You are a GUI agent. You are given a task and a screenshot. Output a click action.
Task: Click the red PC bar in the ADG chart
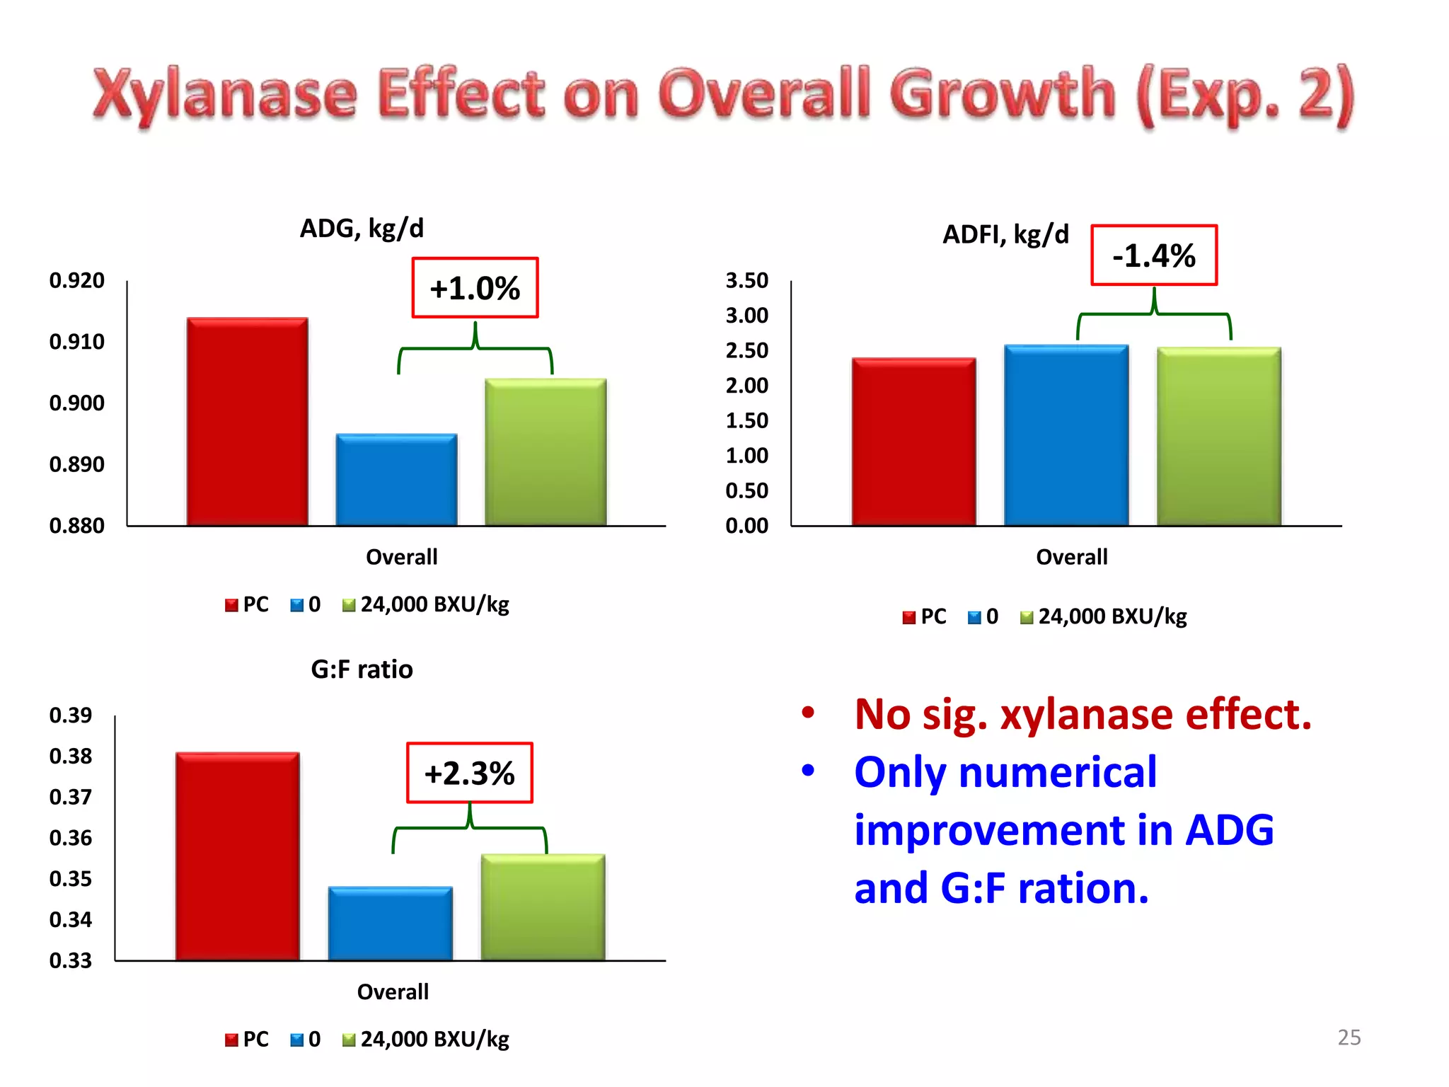coord(247,422)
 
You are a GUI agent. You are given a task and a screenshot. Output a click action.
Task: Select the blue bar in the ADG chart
coord(396,480)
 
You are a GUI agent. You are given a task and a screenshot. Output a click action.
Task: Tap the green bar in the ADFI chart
coord(1218,437)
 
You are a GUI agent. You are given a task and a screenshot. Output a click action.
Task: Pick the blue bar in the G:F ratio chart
coord(390,924)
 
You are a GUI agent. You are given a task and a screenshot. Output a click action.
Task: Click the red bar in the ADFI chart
coord(913,442)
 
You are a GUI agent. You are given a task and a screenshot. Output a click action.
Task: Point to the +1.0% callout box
coord(475,288)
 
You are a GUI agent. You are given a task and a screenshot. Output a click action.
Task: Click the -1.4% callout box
coord(1153,255)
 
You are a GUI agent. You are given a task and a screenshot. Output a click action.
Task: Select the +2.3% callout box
coord(469,773)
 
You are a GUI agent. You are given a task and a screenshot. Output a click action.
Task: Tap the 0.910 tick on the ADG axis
coord(76,342)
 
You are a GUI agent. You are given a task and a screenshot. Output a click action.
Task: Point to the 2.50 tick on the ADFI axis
coord(746,350)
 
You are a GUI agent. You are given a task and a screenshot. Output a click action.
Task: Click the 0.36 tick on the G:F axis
coord(70,838)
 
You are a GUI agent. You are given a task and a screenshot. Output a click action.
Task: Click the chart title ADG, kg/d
coord(362,229)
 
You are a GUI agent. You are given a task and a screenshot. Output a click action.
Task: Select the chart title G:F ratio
coord(362,669)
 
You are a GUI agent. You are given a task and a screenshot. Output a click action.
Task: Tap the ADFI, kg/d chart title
coord(1005,234)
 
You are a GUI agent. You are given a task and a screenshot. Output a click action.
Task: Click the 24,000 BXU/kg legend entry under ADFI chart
coord(1112,616)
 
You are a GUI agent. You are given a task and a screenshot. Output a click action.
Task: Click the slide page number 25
coord(1349,1037)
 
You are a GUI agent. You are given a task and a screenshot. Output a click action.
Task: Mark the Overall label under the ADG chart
coord(401,557)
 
